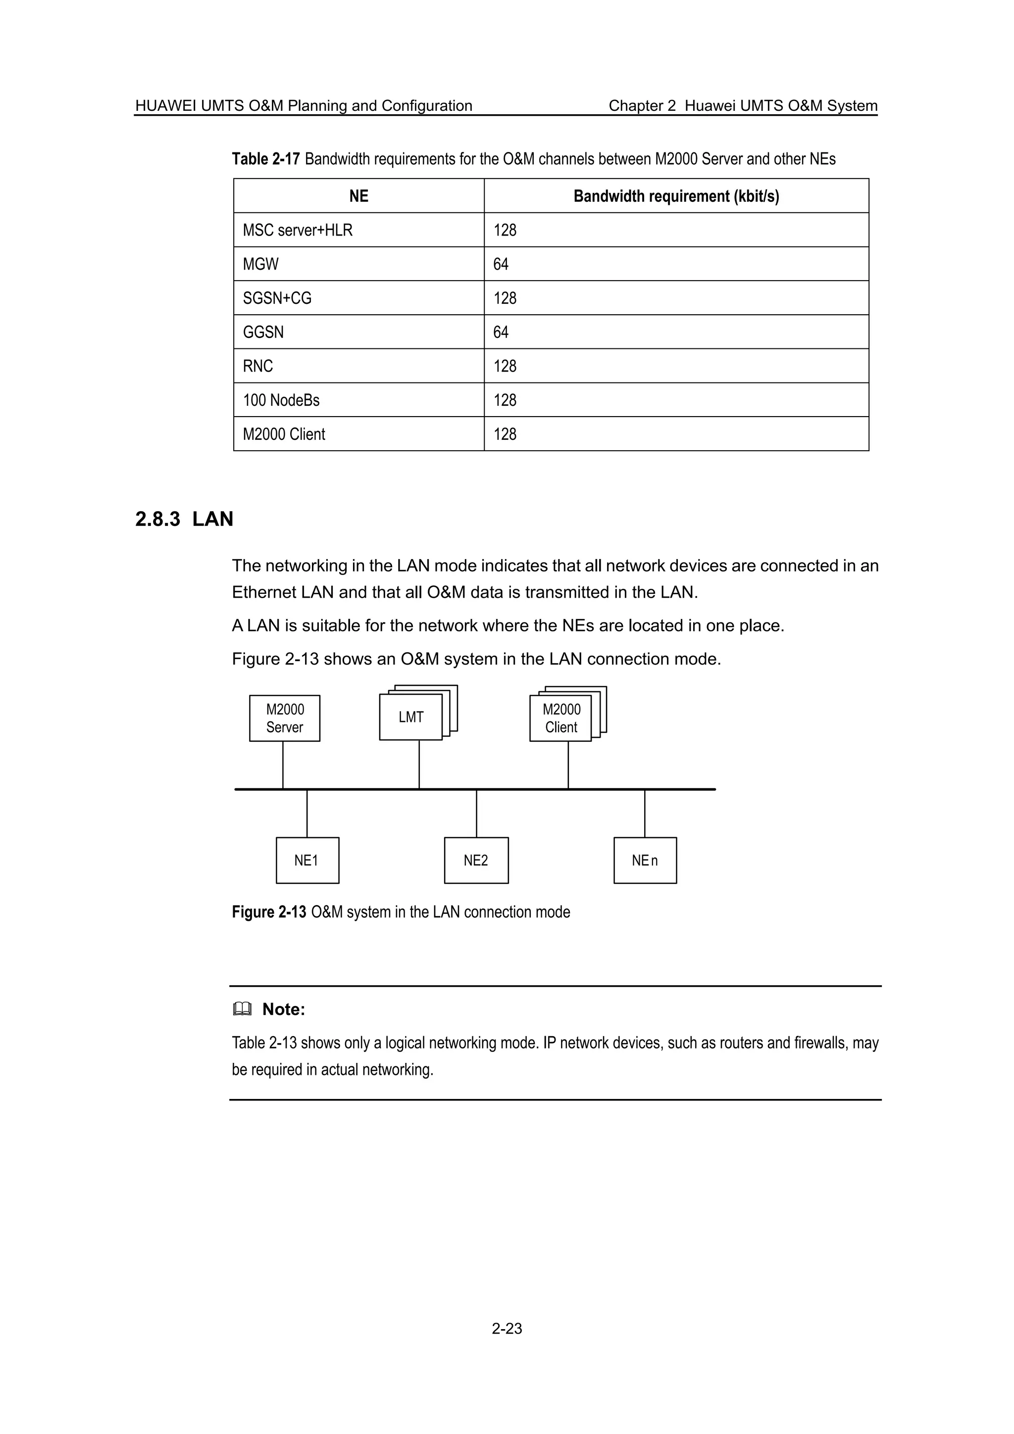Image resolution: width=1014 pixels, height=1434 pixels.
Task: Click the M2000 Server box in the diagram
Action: tap(284, 718)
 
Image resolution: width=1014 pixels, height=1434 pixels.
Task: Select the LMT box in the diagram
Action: tap(410, 717)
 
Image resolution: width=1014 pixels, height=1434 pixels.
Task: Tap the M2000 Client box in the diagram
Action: tap(560, 718)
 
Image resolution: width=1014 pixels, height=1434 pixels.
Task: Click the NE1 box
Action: tap(307, 860)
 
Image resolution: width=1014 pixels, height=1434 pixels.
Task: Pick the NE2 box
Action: tap(476, 860)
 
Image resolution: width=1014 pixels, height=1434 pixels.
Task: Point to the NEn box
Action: tap(645, 860)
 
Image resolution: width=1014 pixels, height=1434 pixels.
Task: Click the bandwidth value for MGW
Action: tap(501, 264)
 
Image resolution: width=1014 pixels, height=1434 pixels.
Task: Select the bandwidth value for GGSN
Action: tap(501, 332)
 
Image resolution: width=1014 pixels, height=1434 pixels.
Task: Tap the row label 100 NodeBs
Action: tap(281, 400)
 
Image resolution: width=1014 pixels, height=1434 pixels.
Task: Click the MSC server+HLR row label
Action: tap(298, 231)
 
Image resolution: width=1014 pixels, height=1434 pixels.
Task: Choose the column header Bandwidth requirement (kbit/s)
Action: tap(676, 196)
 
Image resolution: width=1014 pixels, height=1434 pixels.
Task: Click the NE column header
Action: tap(358, 196)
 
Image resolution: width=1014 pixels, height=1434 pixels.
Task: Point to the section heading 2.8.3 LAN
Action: tap(184, 519)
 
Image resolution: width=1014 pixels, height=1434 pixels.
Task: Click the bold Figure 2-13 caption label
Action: tap(269, 912)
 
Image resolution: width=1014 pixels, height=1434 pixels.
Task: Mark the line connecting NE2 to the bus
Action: tap(477, 813)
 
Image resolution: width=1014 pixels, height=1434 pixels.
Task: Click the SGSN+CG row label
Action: tap(277, 298)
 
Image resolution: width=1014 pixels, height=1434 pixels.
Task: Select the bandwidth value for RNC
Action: tap(505, 366)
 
